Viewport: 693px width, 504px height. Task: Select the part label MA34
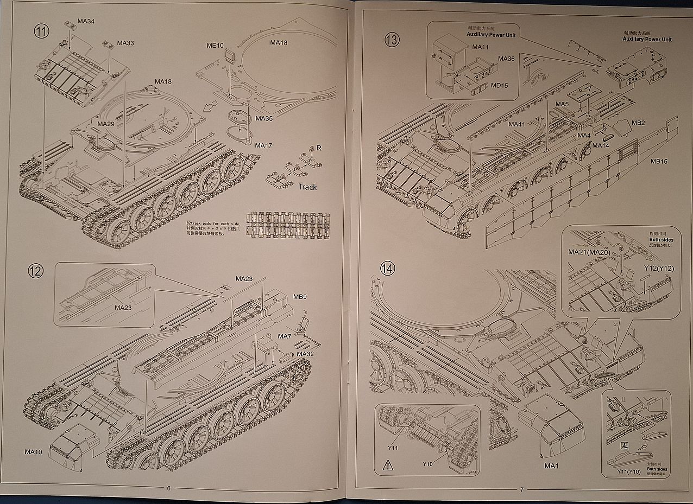(x=86, y=21)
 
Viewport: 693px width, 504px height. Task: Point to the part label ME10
(x=215, y=45)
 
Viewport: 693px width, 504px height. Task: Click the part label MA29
(x=106, y=124)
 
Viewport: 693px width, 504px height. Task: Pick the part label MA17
(x=263, y=145)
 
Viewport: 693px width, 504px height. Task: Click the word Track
(x=307, y=187)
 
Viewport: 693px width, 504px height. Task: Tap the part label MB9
(x=300, y=297)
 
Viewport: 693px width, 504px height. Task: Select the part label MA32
(x=305, y=354)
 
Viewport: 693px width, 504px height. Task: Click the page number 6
(x=168, y=488)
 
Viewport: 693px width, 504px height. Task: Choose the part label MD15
(x=500, y=85)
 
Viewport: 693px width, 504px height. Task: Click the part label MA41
(x=517, y=124)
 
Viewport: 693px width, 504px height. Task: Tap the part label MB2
(x=638, y=123)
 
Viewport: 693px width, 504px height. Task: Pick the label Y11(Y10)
(x=629, y=471)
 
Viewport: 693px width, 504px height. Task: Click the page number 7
(x=521, y=489)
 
